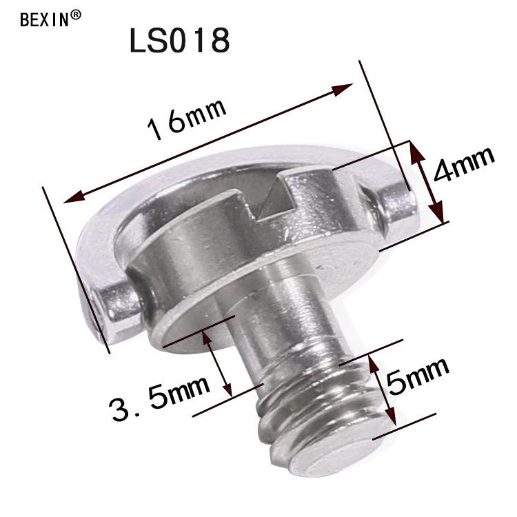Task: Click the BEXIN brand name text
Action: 44,19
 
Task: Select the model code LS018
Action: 179,41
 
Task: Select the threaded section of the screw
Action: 310,407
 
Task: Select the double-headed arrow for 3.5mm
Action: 219,362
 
